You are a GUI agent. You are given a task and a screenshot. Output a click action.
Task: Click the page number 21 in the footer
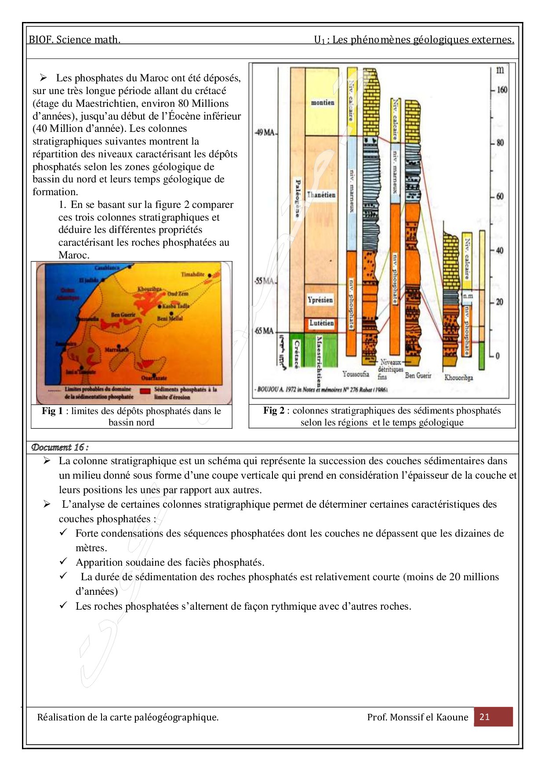pos(484,716)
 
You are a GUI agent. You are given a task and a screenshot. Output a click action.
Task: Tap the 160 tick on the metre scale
pos(501,90)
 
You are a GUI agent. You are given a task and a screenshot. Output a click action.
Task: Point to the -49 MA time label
pos(265,132)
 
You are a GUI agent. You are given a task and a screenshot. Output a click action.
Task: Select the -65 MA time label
pos(264,331)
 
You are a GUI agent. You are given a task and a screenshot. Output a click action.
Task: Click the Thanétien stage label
pos(321,195)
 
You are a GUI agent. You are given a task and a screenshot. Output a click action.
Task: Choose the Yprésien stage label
pos(320,300)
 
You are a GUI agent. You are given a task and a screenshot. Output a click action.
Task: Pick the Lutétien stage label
pos(321,323)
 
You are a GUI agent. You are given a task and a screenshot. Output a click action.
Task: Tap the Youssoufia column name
pos(356,374)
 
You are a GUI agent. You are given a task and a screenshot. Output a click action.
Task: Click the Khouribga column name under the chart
pos(458,377)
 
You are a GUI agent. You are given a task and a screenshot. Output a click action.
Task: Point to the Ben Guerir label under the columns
pos(418,375)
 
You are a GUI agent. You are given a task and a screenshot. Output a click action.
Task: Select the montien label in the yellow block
pos(323,102)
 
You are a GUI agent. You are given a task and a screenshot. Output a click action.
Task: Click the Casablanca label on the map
pos(107,268)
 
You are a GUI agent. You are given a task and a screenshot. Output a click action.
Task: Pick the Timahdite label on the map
pos(193,274)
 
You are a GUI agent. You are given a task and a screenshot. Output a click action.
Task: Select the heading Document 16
pos(60,447)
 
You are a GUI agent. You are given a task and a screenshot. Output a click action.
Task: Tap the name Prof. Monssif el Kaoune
pos(418,717)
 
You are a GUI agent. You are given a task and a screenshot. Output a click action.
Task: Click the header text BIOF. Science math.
pos(75,40)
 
